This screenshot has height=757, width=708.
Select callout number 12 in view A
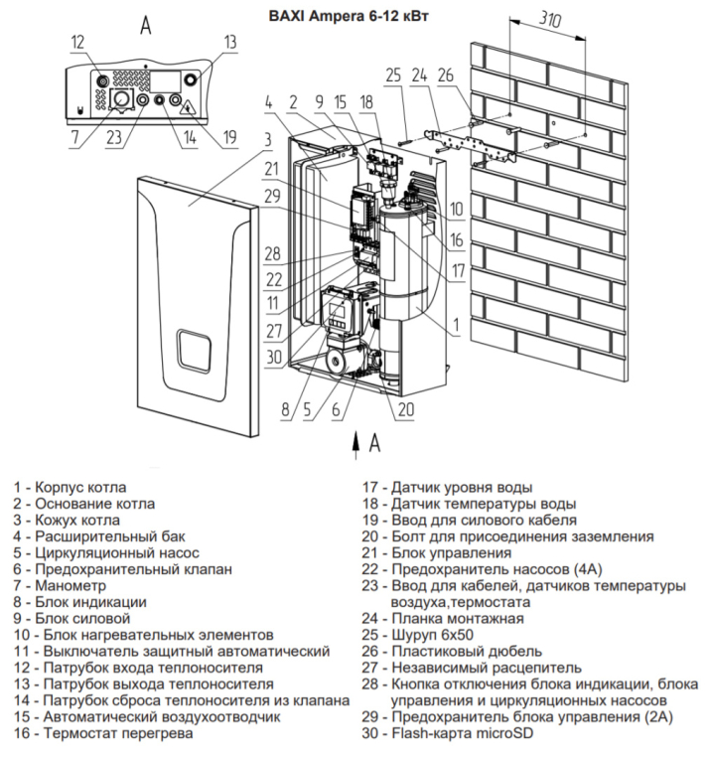coord(78,42)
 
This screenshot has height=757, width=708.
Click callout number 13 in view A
coord(230,42)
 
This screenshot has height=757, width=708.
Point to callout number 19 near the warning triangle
coord(229,137)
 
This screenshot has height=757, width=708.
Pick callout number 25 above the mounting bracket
coord(393,76)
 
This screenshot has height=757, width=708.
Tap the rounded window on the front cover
coord(194,353)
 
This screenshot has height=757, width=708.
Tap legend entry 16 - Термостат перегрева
coord(103,733)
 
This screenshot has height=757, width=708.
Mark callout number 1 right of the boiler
coord(455,325)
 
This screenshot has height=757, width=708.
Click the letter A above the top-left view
coord(146,23)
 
